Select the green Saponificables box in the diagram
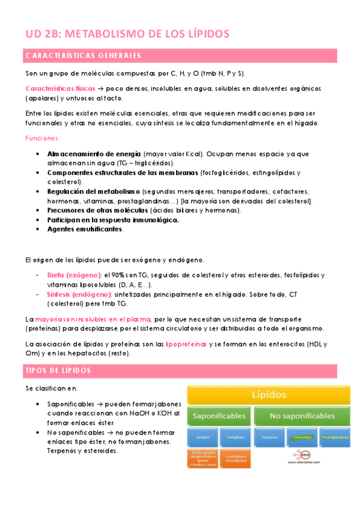[x=220, y=416]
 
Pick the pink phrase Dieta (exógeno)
[x=74, y=275]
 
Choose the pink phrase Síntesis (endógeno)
[x=79, y=295]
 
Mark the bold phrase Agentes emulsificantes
[x=85, y=229]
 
